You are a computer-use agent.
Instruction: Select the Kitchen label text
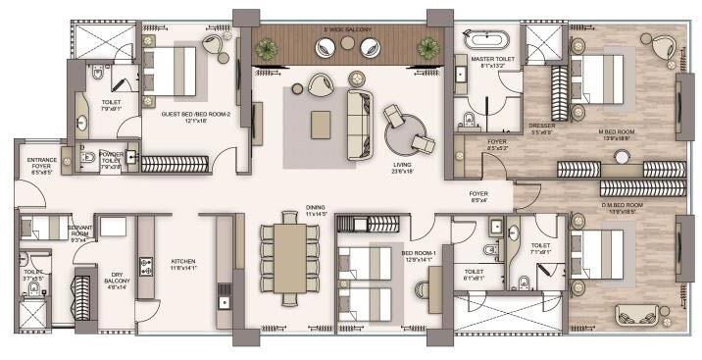(x=183, y=263)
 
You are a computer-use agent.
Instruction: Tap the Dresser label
(x=542, y=129)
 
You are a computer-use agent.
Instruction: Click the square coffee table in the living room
(x=321, y=124)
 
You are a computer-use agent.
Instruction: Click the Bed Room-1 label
(x=420, y=256)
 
